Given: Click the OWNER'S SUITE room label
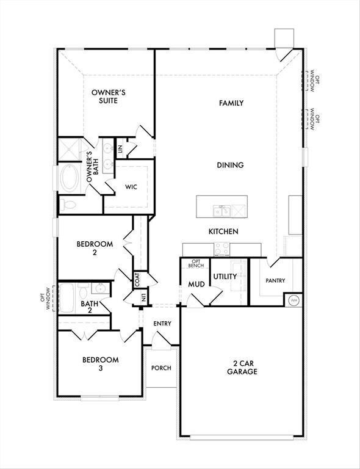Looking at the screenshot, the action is point(108,96).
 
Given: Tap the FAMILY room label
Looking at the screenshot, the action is point(231,103).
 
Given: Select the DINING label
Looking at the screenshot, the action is point(230,165).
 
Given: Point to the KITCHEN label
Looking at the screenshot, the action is point(223,231).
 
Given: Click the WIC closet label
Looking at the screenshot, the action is point(131,187).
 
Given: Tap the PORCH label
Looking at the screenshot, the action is point(161,368).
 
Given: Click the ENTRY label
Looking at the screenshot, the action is point(162,323).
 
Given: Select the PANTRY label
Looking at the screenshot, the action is point(275,280).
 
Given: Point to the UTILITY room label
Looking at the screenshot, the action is point(225,277).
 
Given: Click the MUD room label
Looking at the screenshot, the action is point(196,284).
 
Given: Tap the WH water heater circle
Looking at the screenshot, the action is point(294,300).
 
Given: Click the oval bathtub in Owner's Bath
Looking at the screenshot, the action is point(70,178).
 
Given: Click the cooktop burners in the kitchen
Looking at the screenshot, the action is point(222,249).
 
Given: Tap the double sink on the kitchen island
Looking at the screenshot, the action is point(222,211).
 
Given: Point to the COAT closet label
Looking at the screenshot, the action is point(137,280).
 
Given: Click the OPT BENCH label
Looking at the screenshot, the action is point(196,264).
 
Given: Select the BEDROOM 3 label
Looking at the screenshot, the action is point(101,364).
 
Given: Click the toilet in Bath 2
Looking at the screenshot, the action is point(84,289).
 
